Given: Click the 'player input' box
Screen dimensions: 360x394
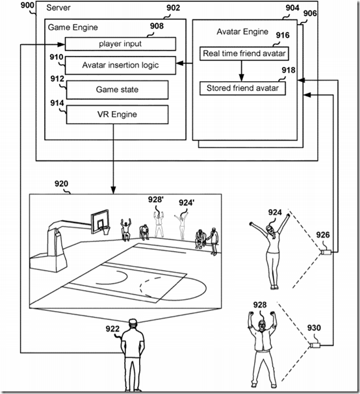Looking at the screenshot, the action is [x=120, y=44].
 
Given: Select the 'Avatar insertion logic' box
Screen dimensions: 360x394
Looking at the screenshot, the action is [x=120, y=66].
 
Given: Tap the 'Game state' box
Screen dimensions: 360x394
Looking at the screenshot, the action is [x=117, y=90].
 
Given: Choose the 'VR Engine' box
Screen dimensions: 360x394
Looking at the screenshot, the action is [x=117, y=115].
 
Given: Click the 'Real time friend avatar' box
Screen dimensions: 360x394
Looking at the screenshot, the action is [x=244, y=53].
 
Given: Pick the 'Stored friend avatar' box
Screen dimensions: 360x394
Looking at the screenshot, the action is [x=242, y=88].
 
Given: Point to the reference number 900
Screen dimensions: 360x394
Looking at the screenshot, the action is [x=27, y=5].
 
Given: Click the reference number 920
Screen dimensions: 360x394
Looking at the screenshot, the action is [x=61, y=184].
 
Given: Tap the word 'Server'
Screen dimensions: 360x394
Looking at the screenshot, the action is [x=58, y=8].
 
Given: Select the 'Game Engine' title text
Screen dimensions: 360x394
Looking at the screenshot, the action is [x=73, y=27].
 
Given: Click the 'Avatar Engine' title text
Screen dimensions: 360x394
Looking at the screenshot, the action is [x=242, y=32].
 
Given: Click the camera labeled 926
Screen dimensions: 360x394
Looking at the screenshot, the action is [x=326, y=252].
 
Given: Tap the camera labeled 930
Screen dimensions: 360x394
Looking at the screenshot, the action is [x=315, y=345].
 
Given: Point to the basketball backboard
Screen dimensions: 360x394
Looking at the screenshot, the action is [x=100, y=221].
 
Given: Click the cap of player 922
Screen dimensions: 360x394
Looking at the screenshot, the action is [x=133, y=321].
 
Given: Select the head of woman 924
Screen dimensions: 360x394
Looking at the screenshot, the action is [x=270, y=230].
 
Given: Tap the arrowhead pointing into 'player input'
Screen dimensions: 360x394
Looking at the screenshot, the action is [x=61, y=45].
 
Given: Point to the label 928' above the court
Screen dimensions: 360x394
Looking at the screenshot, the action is [x=156, y=200].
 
